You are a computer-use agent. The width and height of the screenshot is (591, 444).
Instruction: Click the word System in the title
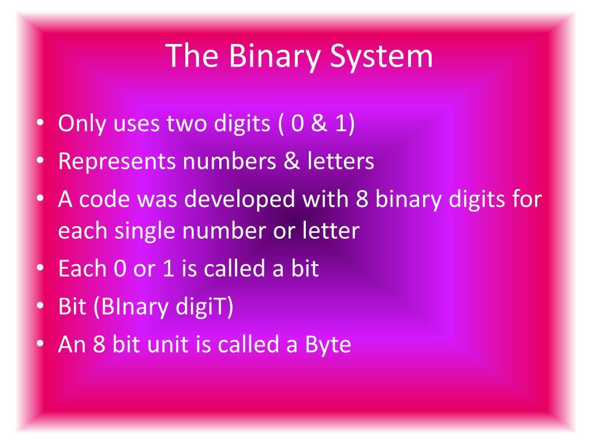(x=382, y=57)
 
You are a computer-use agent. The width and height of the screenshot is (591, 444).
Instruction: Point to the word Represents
(x=117, y=162)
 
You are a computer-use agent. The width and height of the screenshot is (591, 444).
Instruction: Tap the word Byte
(x=328, y=345)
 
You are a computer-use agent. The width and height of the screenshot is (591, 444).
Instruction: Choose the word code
(x=99, y=199)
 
